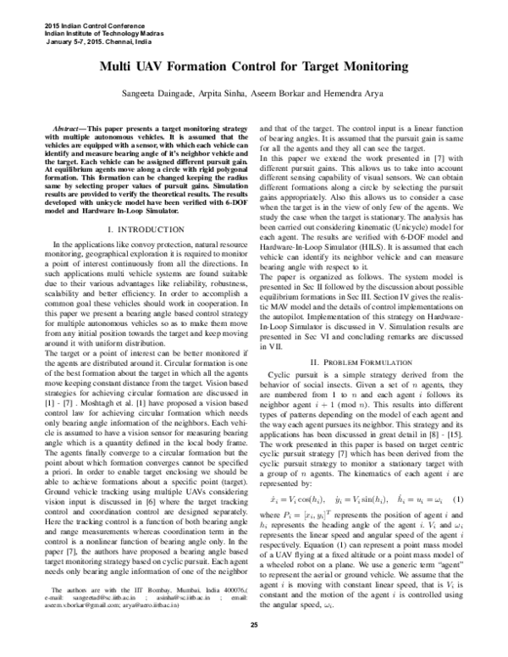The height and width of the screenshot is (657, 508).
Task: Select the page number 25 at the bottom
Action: pyautogui.click(x=254, y=648)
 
